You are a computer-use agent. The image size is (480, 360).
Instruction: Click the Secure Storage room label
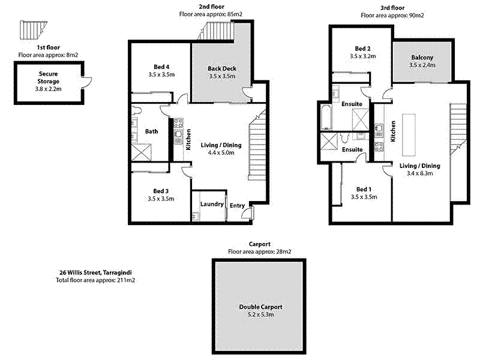pos(49,77)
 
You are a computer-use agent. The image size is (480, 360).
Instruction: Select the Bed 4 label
pos(161,67)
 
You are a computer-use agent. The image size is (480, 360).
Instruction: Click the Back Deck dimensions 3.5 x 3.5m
pos(222,76)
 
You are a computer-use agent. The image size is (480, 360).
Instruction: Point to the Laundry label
pos(212,204)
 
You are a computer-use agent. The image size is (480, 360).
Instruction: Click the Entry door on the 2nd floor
pos(248,212)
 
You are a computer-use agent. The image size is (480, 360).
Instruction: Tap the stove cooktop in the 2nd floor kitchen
pos(178,123)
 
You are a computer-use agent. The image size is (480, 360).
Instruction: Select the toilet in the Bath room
pos(137,110)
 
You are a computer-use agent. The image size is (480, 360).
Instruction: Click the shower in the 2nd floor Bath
pos(142,152)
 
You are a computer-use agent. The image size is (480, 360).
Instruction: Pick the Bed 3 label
pos(161,191)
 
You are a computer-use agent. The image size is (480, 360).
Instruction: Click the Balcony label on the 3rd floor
pos(422,57)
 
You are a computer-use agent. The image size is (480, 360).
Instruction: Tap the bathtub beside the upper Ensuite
pos(326,117)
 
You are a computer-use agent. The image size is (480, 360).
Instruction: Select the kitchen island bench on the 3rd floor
pos(409,135)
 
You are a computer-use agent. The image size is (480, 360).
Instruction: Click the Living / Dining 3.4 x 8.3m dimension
pos(419,173)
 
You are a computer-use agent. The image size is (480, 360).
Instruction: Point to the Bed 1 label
pos(364,189)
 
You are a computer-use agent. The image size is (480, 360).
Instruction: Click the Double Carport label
pos(261,307)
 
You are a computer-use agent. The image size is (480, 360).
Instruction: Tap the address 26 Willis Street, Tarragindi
pos(95,272)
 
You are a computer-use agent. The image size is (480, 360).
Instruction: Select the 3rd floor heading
pos(392,8)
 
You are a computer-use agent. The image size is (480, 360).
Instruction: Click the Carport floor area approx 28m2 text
pos(260,251)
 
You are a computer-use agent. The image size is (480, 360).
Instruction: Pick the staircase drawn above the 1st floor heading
pos(33,30)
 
